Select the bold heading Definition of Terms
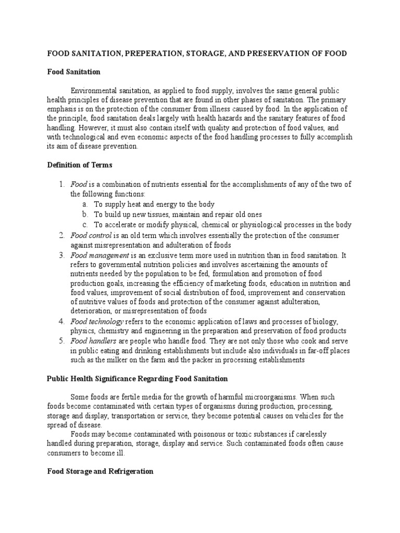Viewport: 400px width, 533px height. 80,165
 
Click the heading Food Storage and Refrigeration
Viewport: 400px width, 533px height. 100,471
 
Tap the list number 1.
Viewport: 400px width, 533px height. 61,184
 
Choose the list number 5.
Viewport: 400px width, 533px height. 61,340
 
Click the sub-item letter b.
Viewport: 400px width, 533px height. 85,214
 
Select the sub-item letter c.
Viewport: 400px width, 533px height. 85,225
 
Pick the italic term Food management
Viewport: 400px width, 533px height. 99,255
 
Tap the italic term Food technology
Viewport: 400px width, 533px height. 97,321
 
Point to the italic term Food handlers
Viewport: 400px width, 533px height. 94,340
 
